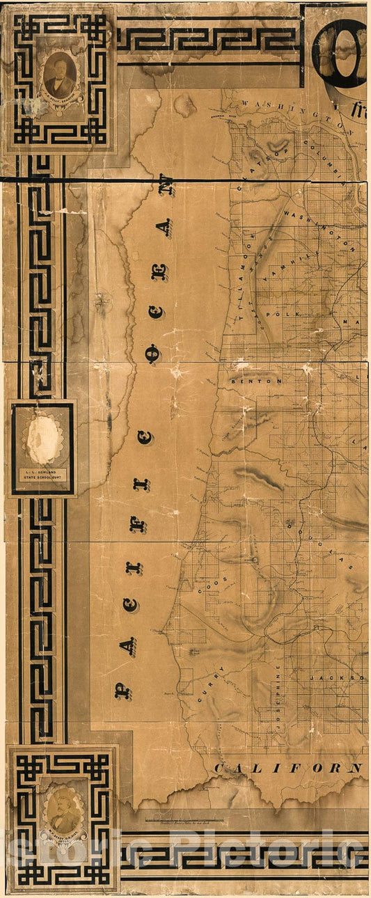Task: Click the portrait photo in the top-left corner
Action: [x=59, y=74]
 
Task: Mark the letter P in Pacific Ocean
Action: [x=123, y=691]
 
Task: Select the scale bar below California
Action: [x=184, y=821]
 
